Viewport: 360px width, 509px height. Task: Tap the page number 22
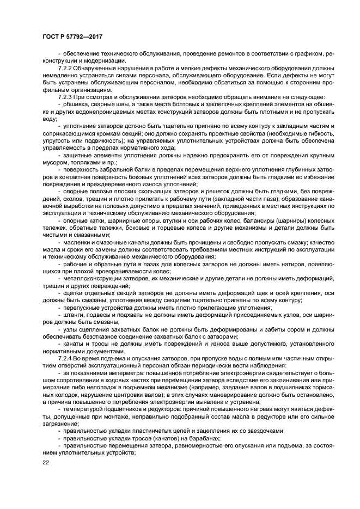(x=45, y=462)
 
